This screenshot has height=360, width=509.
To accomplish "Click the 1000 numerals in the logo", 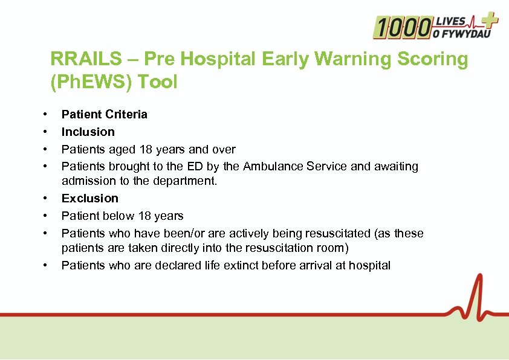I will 402,27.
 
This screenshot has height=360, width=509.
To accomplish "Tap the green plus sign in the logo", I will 489,22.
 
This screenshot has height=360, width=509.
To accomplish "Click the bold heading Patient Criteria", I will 104,114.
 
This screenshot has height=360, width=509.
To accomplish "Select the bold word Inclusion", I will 88,132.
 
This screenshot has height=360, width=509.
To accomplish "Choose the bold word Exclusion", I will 89,198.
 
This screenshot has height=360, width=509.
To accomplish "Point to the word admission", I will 86,181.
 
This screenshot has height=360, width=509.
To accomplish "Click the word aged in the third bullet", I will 120,149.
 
